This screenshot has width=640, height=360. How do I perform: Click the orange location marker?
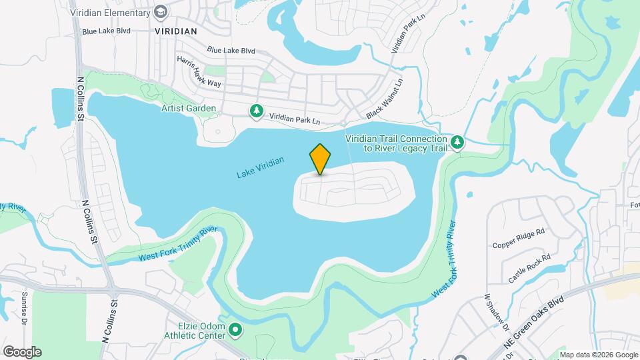pos(320,159)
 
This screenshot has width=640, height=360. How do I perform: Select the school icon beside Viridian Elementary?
pos(160,12)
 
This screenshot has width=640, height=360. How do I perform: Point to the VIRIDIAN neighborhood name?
pos(175,31)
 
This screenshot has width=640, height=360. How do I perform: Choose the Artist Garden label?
pos(189,108)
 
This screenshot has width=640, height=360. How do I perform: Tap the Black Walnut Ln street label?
pos(385,99)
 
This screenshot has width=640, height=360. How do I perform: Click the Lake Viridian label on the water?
pos(261,168)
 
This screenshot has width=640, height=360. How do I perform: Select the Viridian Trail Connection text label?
pos(395,143)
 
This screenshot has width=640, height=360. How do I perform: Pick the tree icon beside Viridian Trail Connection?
pos(457,142)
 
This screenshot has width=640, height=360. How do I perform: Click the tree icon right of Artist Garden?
pos(255,111)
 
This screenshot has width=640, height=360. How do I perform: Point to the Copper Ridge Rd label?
pos(519,238)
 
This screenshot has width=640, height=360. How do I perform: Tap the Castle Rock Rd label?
pos(529,267)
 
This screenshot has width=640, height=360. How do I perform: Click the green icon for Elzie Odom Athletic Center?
pos(235,329)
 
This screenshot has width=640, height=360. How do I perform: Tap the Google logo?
pos(22,351)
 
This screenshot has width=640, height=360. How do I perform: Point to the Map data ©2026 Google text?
pos(599,355)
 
